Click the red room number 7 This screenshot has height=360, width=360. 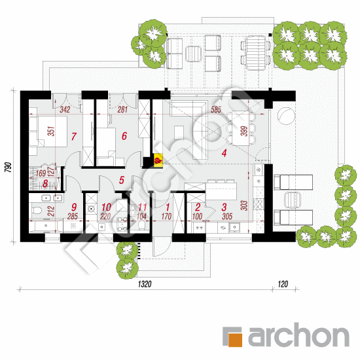(73, 136)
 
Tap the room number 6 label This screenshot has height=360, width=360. (124, 136)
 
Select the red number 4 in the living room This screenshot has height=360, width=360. (224, 153)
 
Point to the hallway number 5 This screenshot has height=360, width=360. (122, 180)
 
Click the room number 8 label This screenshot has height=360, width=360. (45, 183)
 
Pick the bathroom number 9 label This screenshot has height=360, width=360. (74, 207)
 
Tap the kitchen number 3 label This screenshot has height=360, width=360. (225, 207)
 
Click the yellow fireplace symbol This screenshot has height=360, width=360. (158, 160)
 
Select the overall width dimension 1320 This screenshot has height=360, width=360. (145, 284)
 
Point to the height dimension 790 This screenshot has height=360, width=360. (8, 168)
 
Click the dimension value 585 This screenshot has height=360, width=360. (216, 109)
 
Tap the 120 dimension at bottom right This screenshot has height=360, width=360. (283, 284)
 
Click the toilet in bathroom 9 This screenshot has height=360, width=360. (37, 210)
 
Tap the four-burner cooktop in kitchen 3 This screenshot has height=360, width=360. (259, 204)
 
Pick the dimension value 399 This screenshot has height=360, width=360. (245, 131)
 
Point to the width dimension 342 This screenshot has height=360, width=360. (65, 109)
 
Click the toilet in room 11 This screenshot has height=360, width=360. (141, 225)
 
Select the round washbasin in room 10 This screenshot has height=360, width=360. (92, 209)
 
